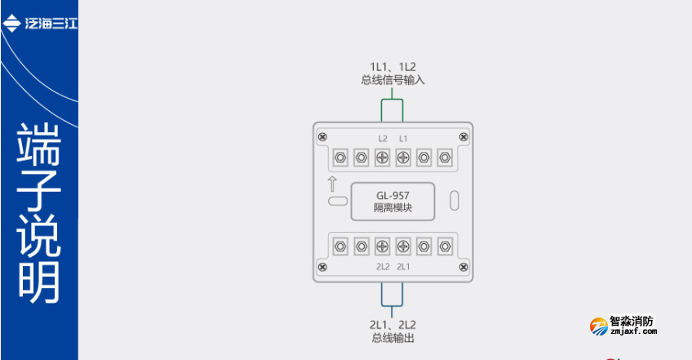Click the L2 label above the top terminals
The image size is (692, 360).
point(383,138)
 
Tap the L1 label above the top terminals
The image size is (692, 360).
point(403,138)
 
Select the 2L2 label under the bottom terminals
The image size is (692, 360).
point(383,266)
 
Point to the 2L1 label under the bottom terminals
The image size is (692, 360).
point(403,266)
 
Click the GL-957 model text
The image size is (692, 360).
point(393,196)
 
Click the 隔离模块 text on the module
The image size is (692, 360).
point(393,209)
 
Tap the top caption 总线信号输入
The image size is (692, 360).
point(393,81)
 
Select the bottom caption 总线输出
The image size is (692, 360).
point(393,337)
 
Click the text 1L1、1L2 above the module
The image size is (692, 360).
point(393,66)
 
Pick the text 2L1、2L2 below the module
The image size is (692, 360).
point(393,324)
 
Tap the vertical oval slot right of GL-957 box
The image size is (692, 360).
point(455,199)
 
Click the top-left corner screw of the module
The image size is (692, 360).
point(323,135)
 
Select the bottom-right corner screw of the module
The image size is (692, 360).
point(464,267)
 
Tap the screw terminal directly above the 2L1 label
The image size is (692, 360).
point(403,245)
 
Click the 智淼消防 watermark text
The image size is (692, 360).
point(632,322)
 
